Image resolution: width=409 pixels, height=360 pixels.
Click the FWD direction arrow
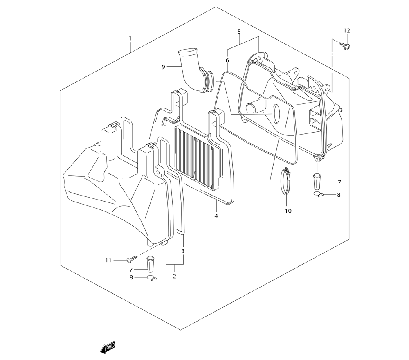coord(108,347)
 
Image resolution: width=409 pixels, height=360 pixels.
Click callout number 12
coord(346,31)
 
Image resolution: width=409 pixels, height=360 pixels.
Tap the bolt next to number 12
coord(344,46)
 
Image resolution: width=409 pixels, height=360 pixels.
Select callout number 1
coord(130,38)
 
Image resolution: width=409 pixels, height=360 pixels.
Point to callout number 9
coord(163,67)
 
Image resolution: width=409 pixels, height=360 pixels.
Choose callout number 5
coord(239,32)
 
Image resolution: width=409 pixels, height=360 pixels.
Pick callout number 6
coord(227,61)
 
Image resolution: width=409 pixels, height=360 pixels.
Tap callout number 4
coord(216,216)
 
